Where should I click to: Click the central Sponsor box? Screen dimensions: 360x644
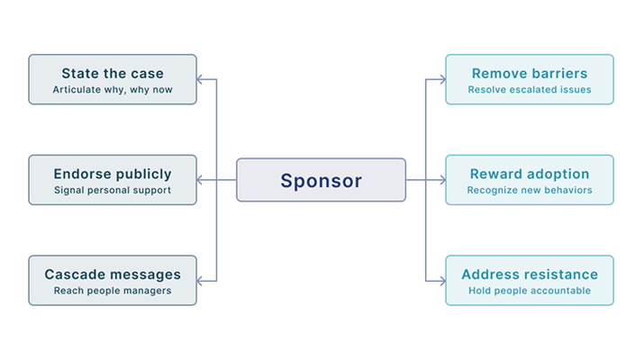(321, 180)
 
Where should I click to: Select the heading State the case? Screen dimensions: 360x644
(113, 73)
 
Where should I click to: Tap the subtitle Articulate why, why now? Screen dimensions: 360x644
(113, 90)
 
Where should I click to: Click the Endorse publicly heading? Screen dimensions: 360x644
(113, 174)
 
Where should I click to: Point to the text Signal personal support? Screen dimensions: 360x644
(113, 191)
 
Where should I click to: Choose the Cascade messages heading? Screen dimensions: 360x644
(113, 274)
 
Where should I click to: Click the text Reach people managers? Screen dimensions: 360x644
(113, 291)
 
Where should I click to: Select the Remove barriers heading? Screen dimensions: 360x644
(530, 73)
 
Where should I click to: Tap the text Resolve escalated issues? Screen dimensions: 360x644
(530, 90)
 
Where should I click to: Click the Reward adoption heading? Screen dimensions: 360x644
(530, 174)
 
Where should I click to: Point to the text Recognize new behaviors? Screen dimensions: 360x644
(530, 191)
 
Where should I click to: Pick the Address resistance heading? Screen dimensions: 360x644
(530, 274)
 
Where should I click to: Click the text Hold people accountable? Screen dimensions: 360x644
(530, 291)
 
